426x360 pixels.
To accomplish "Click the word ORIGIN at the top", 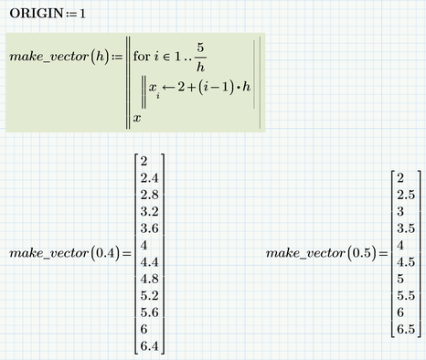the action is tap(36, 15).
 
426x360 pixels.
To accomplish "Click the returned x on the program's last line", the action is tap(137, 117).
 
